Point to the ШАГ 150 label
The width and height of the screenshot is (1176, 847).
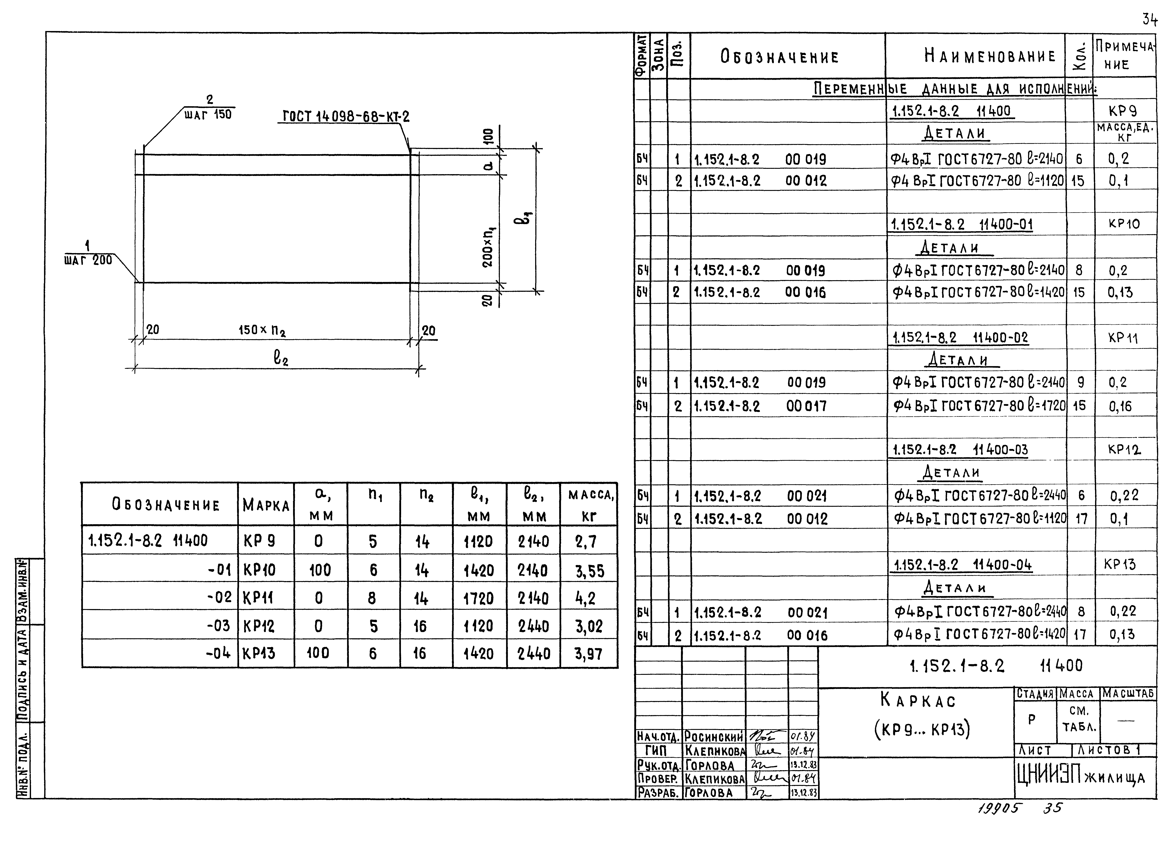(x=208, y=115)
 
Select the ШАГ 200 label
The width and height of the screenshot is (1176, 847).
(x=88, y=260)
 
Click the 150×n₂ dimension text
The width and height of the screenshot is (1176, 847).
(x=262, y=330)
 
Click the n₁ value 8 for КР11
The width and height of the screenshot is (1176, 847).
(x=372, y=599)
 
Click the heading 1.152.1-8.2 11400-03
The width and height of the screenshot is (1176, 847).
(x=960, y=450)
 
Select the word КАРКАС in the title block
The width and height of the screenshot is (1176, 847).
(x=918, y=701)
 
